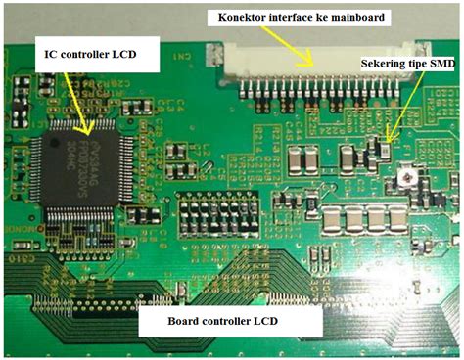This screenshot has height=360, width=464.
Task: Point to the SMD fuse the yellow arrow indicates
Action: pyautogui.click(x=389, y=150)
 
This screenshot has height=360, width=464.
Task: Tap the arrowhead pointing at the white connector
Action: pyautogui.click(x=314, y=65)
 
